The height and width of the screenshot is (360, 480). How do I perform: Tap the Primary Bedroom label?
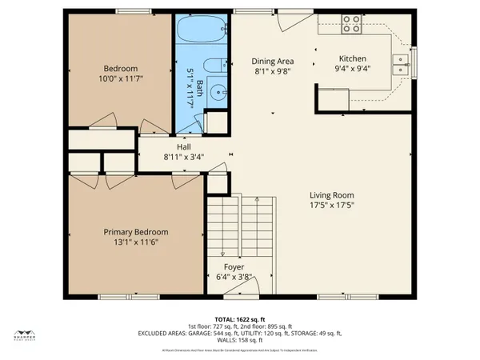coord(133,232)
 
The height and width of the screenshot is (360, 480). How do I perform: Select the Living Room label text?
coord(332,194)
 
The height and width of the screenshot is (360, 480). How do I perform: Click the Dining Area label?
coord(273,61)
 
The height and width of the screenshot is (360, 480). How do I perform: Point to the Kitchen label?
coord(352,58)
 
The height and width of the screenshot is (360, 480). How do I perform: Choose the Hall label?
coord(183,147)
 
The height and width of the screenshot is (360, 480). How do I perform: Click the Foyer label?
coord(234,267)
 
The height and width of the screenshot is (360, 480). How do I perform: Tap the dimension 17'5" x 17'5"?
coord(332,205)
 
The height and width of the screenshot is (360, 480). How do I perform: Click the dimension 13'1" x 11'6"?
coord(133,242)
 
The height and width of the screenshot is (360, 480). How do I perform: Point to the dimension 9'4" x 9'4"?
coord(352,69)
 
